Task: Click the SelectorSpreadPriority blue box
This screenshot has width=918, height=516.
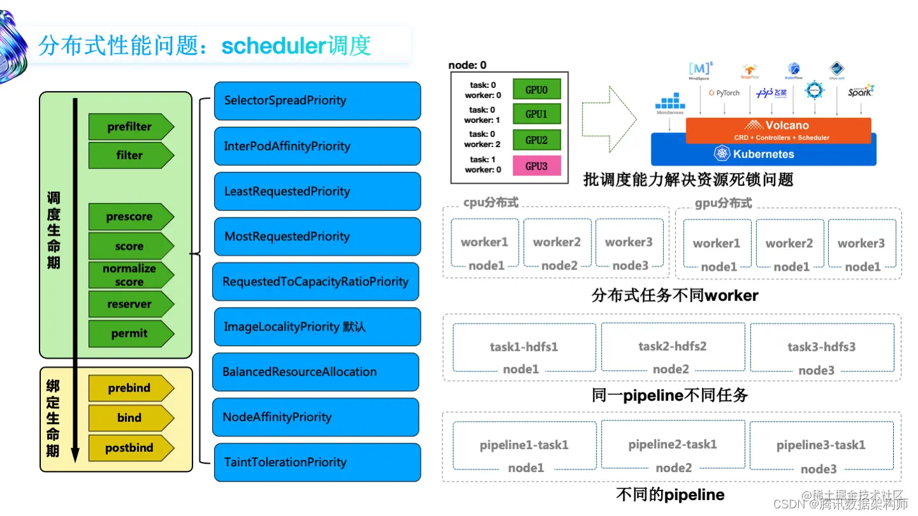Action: (317, 101)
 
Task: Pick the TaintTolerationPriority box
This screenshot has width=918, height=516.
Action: (317, 462)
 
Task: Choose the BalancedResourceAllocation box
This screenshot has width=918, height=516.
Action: (315, 372)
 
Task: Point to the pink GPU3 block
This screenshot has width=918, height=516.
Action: (536, 166)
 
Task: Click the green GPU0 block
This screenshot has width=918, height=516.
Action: (536, 90)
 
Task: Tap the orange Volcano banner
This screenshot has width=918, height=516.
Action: (778, 130)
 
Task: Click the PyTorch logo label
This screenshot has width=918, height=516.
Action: (724, 93)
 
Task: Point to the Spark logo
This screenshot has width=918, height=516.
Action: (860, 91)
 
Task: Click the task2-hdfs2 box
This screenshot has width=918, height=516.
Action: (673, 347)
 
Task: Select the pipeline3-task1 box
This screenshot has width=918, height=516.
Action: (821, 445)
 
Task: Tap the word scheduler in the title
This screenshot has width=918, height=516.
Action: (274, 46)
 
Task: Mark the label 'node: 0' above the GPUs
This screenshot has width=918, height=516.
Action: (467, 65)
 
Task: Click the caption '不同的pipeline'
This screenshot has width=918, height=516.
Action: (670, 495)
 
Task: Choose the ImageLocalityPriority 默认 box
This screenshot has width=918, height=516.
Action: (317, 327)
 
